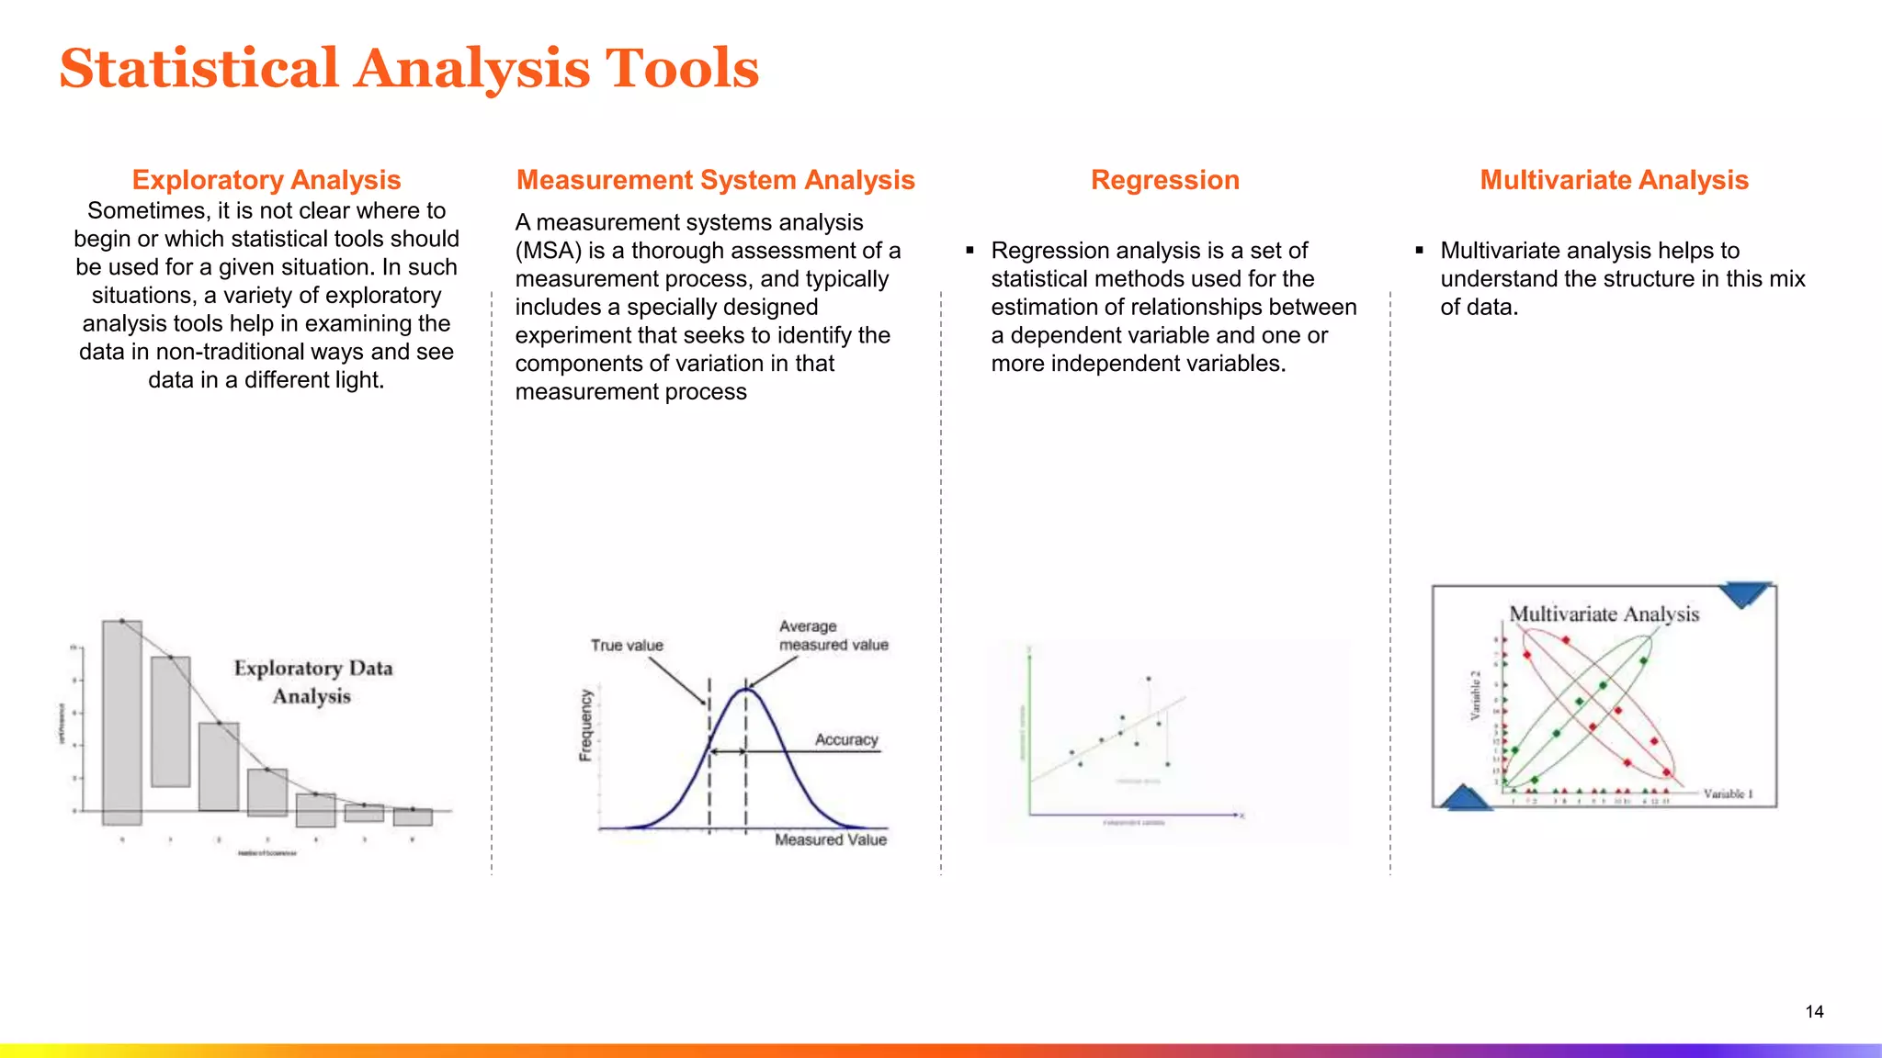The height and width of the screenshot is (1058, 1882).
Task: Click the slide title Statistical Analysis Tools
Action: pyautogui.click(x=409, y=69)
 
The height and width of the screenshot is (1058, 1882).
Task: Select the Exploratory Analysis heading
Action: pyautogui.click(x=266, y=180)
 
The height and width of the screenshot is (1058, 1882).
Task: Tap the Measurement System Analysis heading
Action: pyautogui.click(x=715, y=180)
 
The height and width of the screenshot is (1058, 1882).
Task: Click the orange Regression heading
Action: pyautogui.click(x=1164, y=180)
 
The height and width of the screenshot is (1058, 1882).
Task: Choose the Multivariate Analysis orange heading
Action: pyautogui.click(x=1614, y=180)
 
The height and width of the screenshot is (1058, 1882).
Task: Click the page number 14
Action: pyautogui.click(x=1814, y=1011)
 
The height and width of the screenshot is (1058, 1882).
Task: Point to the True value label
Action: pyautogui.click(x=627, y=646)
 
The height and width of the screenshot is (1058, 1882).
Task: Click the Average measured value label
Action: pyautogui.click(x=833, y=636)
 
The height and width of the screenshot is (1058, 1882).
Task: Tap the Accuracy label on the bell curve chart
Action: pyautogui.click(x=846, y=740)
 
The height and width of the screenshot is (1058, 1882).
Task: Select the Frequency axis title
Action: pyautogui.click(x=585, y=726)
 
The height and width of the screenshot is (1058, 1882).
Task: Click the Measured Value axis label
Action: pyautogui.click(x=830, y=839)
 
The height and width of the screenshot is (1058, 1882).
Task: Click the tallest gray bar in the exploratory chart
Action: pyautogui.click(x=122, y=721)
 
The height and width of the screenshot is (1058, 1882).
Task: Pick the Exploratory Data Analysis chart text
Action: pyautogui.click(x=312, y=681)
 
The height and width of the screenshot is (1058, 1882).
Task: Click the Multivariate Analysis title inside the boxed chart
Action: pyautogui.click(x=1604, y=613)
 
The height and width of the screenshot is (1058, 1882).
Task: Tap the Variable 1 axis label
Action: pyautogui.click(x=1728, y=793)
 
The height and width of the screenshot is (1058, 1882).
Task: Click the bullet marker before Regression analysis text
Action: pyautogui.click(x=969, y=250)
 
